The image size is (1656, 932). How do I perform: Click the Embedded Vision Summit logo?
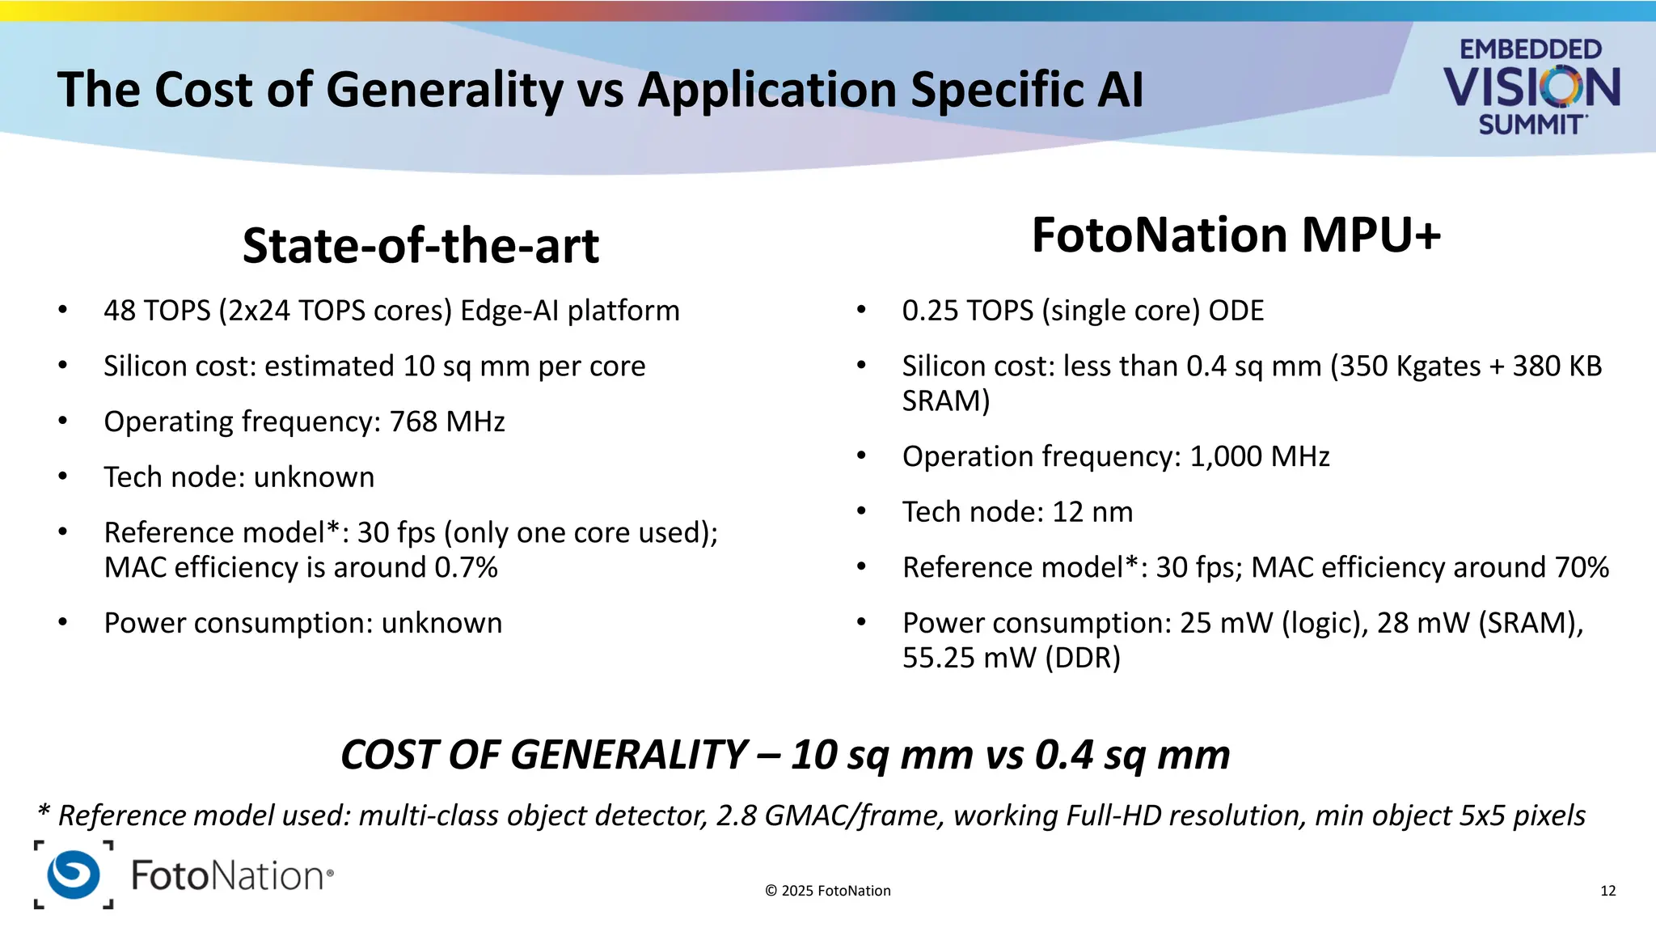(x=1531, y=87)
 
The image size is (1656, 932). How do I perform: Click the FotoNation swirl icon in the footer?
(x=74, y=875)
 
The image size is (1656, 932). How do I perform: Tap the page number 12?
(x=1607, y=891)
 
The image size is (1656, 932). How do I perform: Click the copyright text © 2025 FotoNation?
(x=827, y=891)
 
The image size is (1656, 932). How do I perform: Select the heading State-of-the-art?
(x=420, y=246)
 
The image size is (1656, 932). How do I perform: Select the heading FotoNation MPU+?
(x=1236, y=235)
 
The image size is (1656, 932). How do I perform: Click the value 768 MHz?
(x=447, y=422)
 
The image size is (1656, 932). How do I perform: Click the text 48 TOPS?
(x=157, y=311)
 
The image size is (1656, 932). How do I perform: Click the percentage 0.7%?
(x=466, y=567)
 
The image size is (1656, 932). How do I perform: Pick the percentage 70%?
(x=1582, y=567)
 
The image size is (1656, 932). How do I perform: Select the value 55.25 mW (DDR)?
(x=1011, y=658)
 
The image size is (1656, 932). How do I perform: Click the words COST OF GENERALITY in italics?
(x=543, y=755)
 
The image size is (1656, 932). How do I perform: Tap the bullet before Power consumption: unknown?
(x=63, y=623)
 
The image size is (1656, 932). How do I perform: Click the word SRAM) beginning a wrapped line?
(x=945, y=401)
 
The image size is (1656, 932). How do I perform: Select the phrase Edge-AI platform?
(x=569, y=311)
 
